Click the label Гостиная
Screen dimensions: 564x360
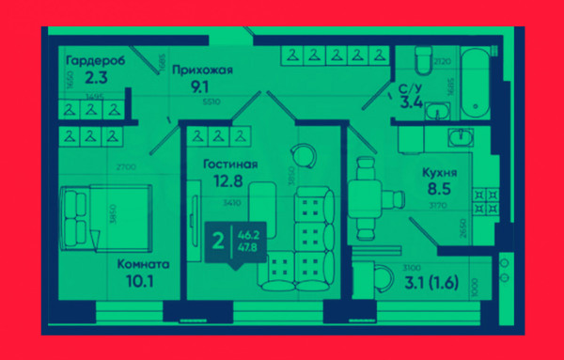[229, 163]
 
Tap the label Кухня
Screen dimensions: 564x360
[441, 173]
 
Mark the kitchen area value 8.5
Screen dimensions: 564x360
[439, 189]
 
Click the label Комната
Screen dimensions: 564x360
[143, 264]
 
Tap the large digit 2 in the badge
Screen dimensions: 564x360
[218, 240]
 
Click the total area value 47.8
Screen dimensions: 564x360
[248, 247]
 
